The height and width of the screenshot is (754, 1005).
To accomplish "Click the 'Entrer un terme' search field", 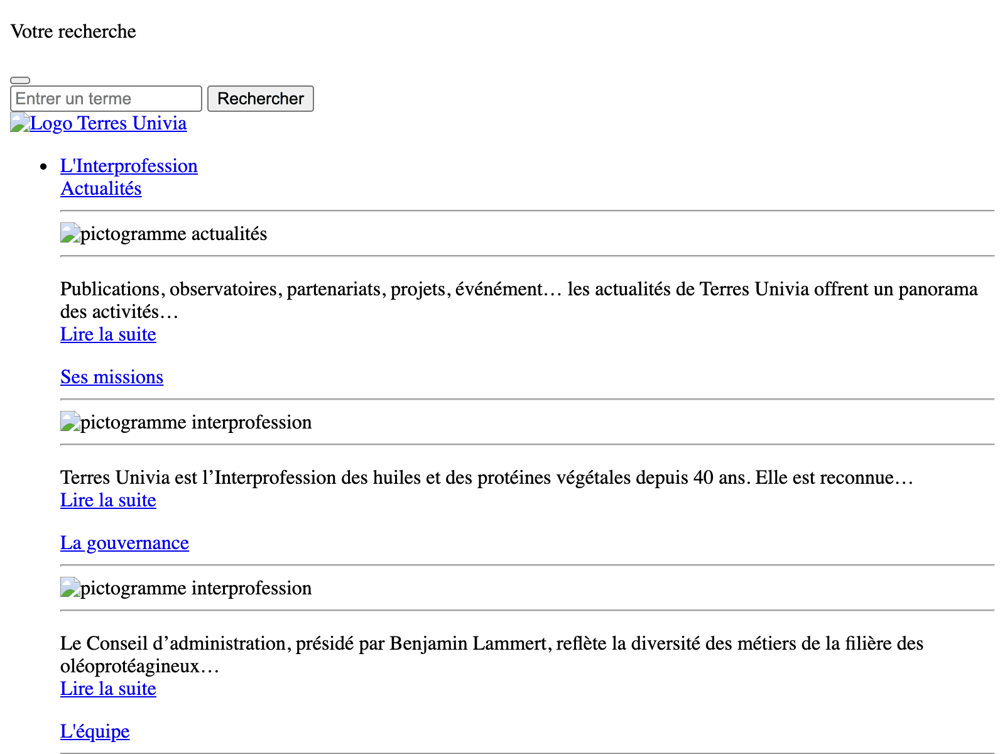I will pos(106,99).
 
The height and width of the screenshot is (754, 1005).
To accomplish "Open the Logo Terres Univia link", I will pos(108,123).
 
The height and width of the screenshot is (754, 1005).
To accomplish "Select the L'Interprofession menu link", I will pos(129,166).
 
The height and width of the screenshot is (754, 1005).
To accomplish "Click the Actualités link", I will pos(100,188).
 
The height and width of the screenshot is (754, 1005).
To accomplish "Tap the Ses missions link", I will pos(112,377).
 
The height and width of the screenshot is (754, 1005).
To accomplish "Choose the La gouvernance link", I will pos(124,543).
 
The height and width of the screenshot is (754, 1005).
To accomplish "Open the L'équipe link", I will pos(95,731).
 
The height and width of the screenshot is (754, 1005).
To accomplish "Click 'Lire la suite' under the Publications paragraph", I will pos(108,334).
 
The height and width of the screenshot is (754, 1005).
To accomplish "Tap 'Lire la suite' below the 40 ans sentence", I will pos(108,500).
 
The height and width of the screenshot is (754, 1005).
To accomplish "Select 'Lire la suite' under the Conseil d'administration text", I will pos(108,689).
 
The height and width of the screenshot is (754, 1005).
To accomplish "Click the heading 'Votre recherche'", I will pos(73,31).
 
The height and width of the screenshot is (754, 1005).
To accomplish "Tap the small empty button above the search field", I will pos(20,80).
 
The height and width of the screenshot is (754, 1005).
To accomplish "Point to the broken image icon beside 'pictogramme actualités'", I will pos(70,233).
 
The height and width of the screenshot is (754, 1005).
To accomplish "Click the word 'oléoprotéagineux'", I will pos(129,666).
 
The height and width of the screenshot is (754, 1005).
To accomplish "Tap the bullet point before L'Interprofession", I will pos(43,167).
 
